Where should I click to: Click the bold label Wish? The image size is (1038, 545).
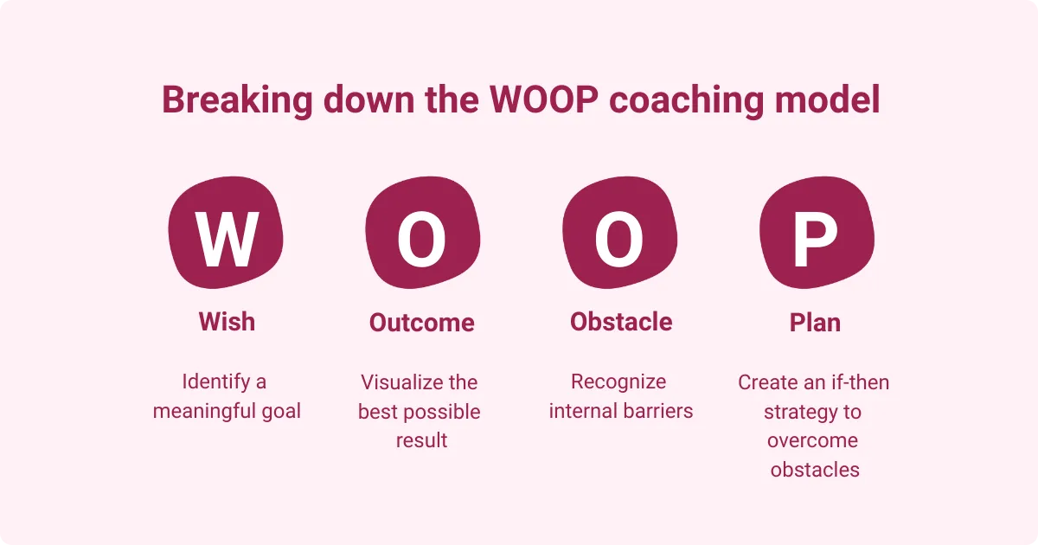(x=227, y=322)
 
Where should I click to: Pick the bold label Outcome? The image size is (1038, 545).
(x=422, y=323)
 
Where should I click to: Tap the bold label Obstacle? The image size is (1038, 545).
(x=621, y=322)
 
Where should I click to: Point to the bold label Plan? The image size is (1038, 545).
(x=815, y=323)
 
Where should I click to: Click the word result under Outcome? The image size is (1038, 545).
(x=422, y=440)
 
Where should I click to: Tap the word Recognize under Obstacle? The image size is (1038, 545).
(x=618, y=381)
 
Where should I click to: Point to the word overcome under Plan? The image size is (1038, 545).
(x=813, y=440)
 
